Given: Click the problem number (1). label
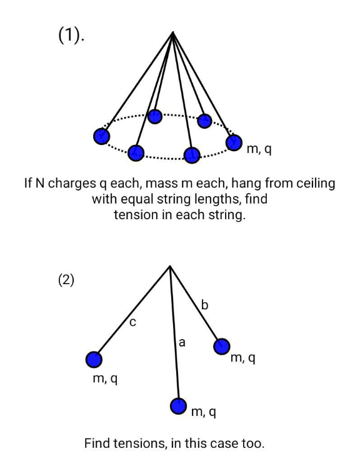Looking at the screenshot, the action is click(x=71, y=36).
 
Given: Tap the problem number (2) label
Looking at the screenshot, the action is click(x=66, y=280).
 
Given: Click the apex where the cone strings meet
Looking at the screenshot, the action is click(x=172, y=32).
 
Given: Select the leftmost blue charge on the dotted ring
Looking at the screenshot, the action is click(x=101, y=136).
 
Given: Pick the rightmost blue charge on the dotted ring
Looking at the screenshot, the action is click(x=234, y=142).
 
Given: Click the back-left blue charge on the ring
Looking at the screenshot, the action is click(x=155, y=116).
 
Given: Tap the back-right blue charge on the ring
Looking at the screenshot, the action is click(x=204, y=121).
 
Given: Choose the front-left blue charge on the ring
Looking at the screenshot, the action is click(x=136, y=153).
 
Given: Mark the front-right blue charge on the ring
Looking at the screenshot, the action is click(x=192, y=156).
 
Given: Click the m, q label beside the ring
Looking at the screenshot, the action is click(x=259, y=149).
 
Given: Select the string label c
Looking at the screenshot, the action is click(x=132, y=323).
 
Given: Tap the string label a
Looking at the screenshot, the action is click(x=182, y=343).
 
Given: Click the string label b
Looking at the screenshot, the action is click(x=204, y=305).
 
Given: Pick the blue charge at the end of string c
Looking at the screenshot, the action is click(x=94, y=360).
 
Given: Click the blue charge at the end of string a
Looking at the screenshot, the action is click(x=179, y=406).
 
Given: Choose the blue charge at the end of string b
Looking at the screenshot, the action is click(x=222, y=347).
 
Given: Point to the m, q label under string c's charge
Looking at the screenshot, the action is click(x=105, y=379).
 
